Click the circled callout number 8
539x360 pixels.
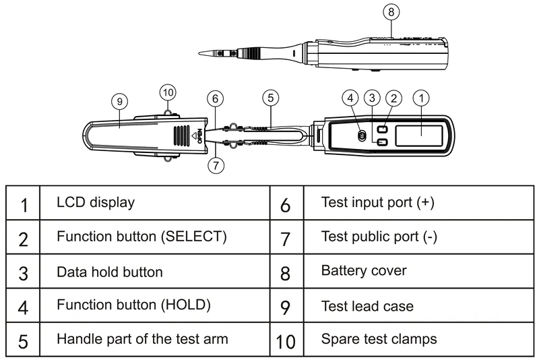coord(391,11)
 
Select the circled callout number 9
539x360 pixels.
coord(119,101)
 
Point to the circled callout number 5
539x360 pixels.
coord(269,97)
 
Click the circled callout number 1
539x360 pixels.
coord(421,97)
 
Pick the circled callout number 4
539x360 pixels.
coord(350,97)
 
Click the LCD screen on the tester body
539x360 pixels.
coord(418,133)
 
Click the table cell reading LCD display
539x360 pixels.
coord(95,202)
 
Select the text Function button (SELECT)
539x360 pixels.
coord(141,237)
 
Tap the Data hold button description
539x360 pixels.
coord(109,272)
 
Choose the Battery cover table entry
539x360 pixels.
coord(364,271)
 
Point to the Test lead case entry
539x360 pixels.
coord(367,306)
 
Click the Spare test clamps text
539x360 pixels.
coord(379,339)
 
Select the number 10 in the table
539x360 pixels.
coord(286,341)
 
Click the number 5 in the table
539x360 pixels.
coord(23,341)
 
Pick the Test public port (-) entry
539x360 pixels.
coord(380,237)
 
